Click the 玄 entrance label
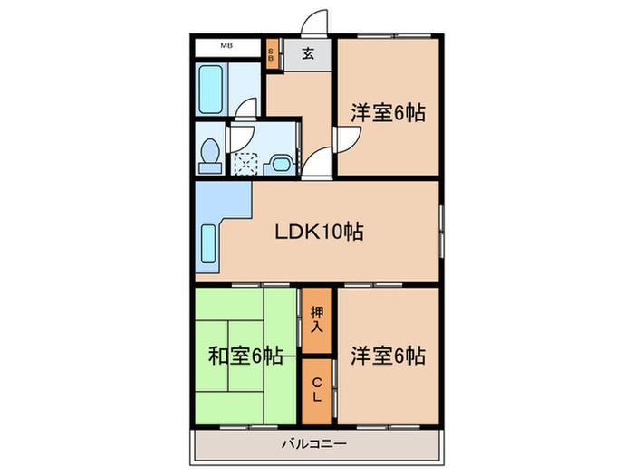(x=308, y=54)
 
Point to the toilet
(x=209, y=155)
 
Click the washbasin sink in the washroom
(x=281, y=163)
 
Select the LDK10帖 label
(x=319, y=232)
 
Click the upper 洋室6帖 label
(x=389, y=114)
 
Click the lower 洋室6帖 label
(x=389, y=356)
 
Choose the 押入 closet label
(x=317, y=319)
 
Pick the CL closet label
(x=317, y=391)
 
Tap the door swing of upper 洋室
(x=349, y=140)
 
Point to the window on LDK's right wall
(x=441, y=232)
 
